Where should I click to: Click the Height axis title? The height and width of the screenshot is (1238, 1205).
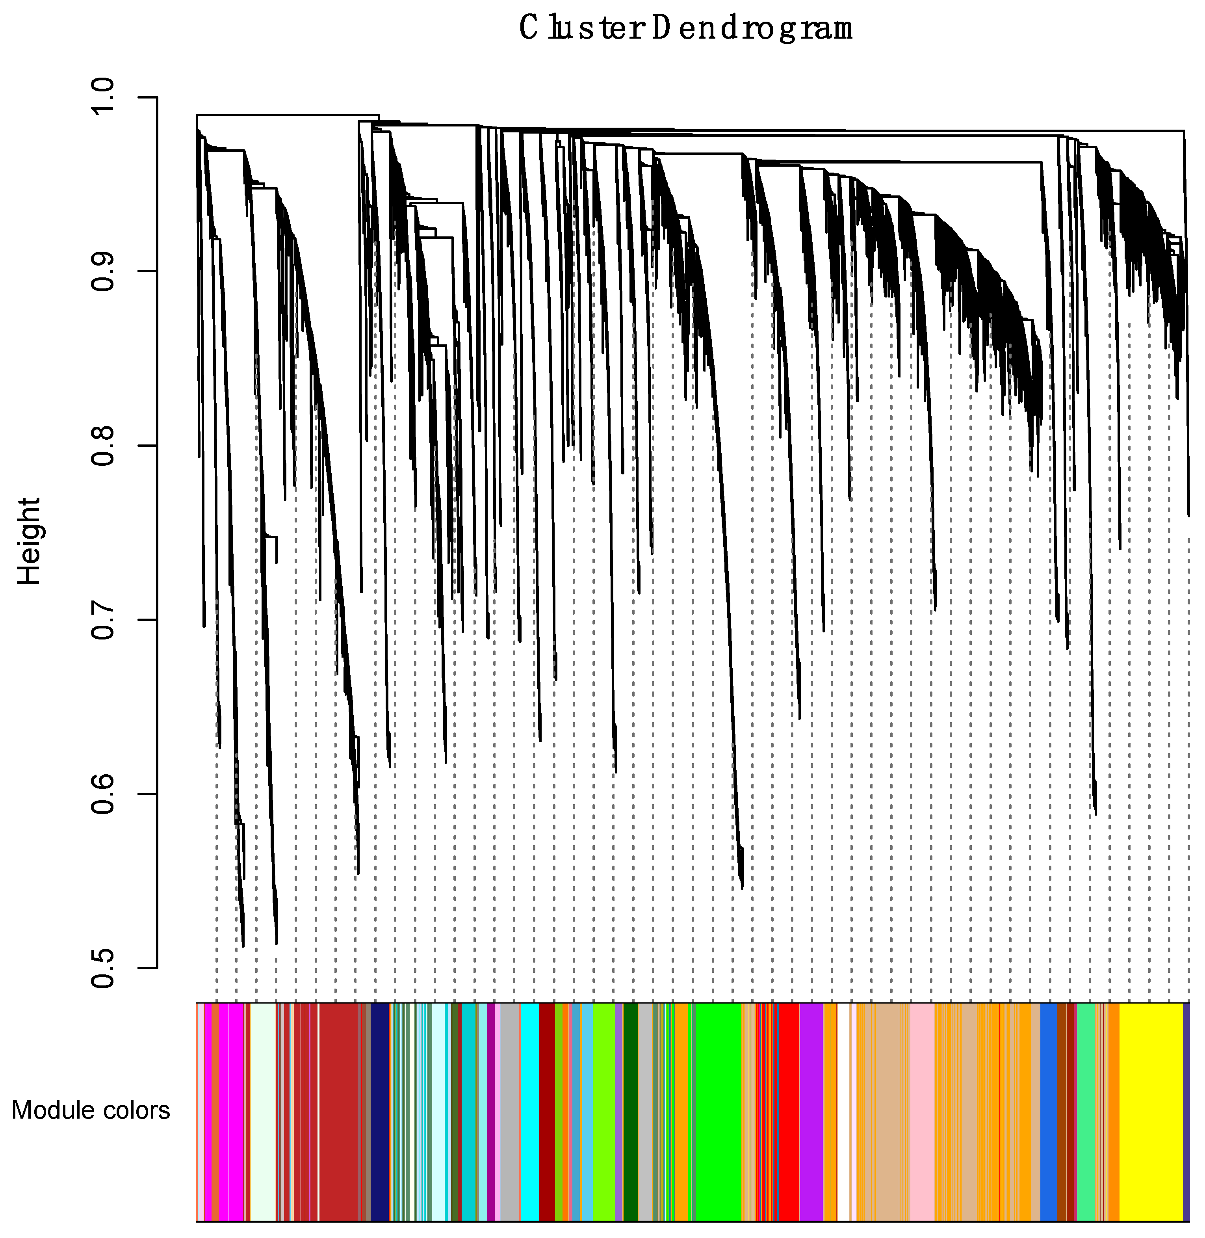28,541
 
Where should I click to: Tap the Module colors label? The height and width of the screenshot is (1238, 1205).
91,1110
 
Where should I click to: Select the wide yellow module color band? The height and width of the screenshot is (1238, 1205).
1151,1111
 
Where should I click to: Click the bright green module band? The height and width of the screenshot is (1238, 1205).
719,1111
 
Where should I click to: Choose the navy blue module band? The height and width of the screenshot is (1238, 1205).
379,1111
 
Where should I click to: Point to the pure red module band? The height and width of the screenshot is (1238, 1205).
789,1111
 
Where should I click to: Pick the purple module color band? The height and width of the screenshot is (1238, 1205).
811,1111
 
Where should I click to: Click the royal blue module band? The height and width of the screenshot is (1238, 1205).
1049,1111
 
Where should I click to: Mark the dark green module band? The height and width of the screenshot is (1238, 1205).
630,1111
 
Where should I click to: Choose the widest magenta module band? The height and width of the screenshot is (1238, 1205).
236,1111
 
